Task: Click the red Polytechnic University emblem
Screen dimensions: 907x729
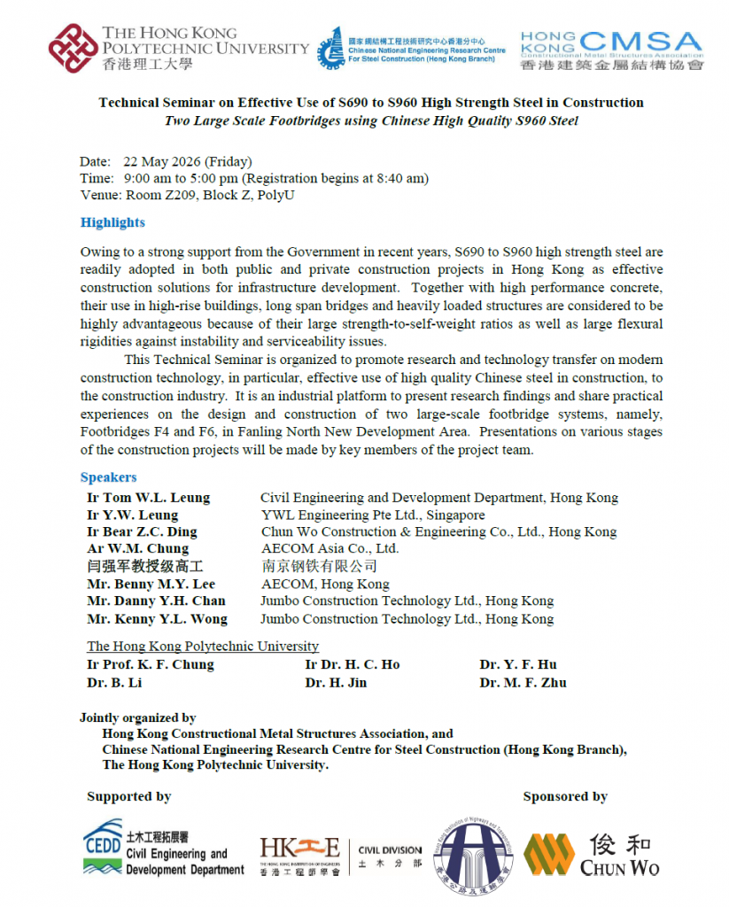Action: (x=73, y=48)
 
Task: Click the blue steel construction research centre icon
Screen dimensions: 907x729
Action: (x=330, y=48)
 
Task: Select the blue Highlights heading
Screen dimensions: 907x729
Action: (x=112, y=222)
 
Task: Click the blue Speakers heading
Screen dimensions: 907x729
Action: (x=108, y=477)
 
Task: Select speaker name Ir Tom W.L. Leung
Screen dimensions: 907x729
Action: (x=148, y=498)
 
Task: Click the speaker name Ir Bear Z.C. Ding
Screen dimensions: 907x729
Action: (x=142, y=532)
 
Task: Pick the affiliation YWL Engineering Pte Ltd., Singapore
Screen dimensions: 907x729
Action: (x=373, y=516)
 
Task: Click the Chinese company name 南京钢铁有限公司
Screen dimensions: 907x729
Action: (x=319, y=567)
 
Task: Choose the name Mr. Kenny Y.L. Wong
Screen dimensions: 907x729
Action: (x=157, y=619)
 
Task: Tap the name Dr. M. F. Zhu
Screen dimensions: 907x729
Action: (x=523, y=683)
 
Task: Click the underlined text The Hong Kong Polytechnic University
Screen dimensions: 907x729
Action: (x=202, y=647)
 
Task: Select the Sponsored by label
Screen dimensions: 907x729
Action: (x=564, y=796)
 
